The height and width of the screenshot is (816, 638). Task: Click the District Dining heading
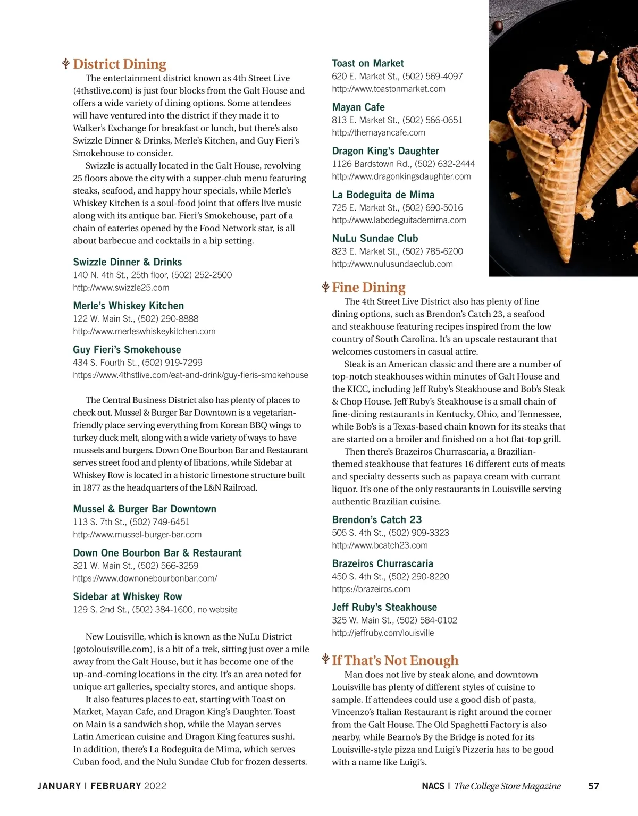click(120, 64)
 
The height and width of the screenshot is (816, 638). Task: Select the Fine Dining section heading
click(368, 288)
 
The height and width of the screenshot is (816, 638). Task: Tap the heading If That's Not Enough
click(395, 661)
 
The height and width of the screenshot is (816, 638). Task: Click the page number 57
click(594, 786)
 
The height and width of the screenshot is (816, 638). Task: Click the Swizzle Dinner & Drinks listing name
click(128, 262)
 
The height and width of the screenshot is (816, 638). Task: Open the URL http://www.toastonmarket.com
click(389, 89)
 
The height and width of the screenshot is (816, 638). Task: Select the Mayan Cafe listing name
click(358, 107)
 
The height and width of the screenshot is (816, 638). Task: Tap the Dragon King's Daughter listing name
click(385, 151)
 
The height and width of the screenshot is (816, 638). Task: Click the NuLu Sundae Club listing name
click(375, 239)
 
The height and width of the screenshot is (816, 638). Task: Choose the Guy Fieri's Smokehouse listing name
click(127, 350)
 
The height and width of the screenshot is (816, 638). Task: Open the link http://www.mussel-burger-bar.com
click(137, 535)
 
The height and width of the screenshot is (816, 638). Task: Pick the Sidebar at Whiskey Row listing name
click(128, 597)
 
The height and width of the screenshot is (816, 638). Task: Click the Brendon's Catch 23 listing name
click(377, 520)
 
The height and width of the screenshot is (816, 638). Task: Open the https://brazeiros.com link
click(371, 590)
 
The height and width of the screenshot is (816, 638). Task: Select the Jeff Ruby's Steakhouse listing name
click(384, 608)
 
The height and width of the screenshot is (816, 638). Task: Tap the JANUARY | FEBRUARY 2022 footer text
click(102, 786)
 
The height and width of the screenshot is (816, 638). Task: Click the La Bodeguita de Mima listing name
click(383, 195)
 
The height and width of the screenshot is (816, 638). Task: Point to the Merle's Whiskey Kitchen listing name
click(129, 306)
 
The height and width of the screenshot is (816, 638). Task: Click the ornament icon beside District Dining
click(66, 64)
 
